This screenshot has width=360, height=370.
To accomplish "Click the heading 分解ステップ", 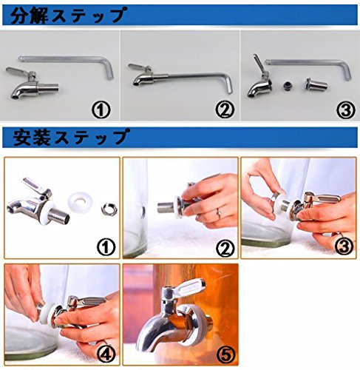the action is tap(69, 16).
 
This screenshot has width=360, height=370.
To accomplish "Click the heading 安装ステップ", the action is tap(71, 137).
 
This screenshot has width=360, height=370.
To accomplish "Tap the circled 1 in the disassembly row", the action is tap(101, 110).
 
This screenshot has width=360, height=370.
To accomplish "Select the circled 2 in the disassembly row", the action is tap(225, 110).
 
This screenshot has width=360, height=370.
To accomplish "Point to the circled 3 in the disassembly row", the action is tap(346, 110).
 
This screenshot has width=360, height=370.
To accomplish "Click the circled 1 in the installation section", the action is tap(106, 247).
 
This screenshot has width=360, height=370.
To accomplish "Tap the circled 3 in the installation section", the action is tap(344, 246).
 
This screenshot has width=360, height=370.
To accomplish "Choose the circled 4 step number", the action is tap(106, 354).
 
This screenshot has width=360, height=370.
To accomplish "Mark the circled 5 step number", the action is tap(225, 354).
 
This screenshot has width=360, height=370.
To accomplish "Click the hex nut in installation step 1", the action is tap(109, 209).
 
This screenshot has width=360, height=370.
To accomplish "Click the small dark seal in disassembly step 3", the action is tap(288, 86).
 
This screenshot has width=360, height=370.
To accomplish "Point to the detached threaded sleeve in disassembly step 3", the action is tap(316, 84).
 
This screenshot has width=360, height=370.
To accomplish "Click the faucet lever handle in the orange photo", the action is tap(190, 288).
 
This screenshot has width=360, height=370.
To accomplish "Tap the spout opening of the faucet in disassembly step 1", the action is tap(15, 97).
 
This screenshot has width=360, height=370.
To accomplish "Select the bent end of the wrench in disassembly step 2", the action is tap(228, 83).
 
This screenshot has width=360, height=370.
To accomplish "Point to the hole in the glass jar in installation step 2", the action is tap(143, 212).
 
